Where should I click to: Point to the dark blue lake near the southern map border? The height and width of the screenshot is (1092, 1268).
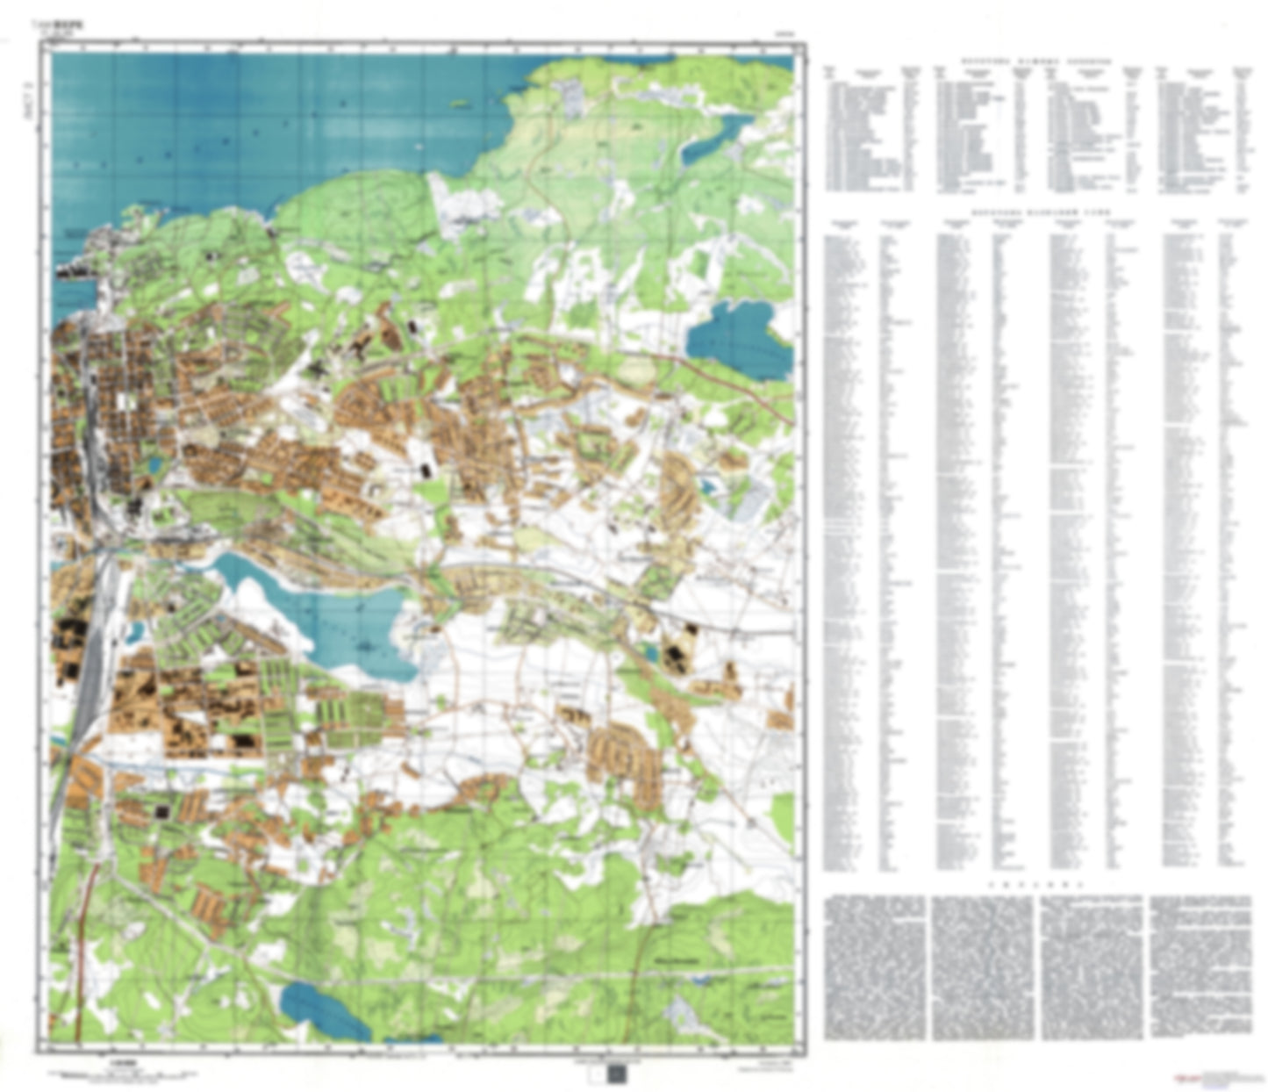click(326, 1009)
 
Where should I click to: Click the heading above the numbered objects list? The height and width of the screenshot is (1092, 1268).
click(1035, 62)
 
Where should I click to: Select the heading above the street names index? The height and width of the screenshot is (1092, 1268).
click(1035, 212)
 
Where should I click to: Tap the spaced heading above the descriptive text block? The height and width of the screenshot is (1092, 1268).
click(1035, 885)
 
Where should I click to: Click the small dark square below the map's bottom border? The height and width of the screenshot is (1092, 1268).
click(617, 1074)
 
